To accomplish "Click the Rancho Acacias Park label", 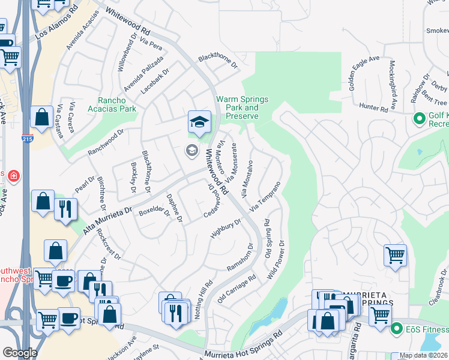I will coord(117,104).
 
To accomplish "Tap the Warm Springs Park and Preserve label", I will coord(242,107).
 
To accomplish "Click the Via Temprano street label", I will coord(265,196).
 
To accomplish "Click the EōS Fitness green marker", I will coord(396,329).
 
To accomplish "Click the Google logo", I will coord(19,353).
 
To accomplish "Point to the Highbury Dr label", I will coord(226,229).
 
